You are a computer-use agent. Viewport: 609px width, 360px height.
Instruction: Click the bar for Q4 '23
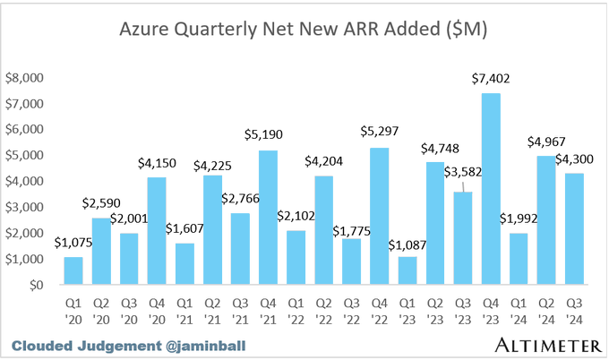pos(490,189)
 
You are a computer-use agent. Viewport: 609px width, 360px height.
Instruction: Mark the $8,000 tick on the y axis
pos(26,78)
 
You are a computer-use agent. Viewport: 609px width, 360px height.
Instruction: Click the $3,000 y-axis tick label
pos(26,207)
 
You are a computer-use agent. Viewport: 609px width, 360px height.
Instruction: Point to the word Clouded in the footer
pos(41,345)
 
